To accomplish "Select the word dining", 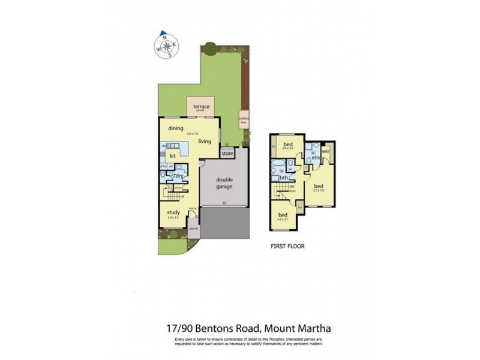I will (175, 128).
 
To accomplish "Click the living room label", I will (205, 141).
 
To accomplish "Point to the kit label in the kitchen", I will (172, 155).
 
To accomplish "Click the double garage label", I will (224, 182).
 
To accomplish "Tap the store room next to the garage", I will (227, 154).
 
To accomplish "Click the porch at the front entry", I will (193, 229).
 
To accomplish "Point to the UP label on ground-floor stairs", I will (182, 196).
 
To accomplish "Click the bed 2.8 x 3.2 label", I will (289, 145).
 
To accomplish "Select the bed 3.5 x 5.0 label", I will (318, 187).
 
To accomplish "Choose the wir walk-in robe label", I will (326, 152).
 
